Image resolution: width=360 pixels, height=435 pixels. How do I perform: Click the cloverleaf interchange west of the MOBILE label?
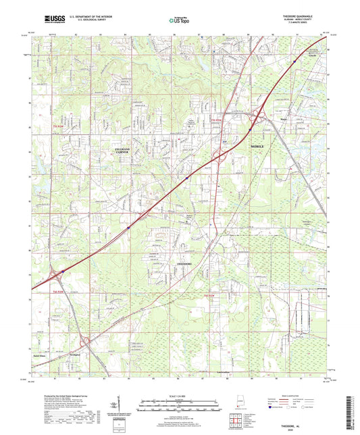point(221,157)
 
